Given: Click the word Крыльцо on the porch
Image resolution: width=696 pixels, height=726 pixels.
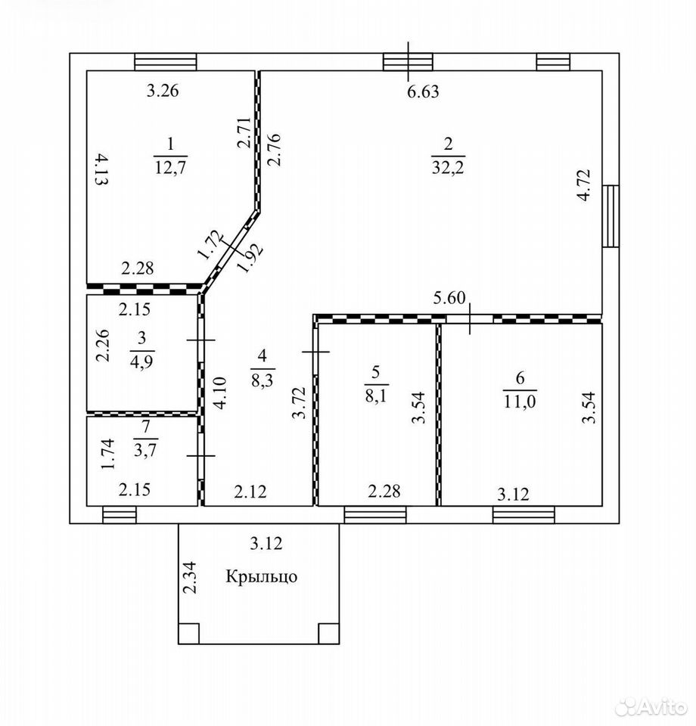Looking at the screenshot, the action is point(261,576).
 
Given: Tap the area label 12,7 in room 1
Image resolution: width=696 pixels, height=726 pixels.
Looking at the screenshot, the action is point(170,166).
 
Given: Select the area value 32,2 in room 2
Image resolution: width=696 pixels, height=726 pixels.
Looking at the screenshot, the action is point(448,166).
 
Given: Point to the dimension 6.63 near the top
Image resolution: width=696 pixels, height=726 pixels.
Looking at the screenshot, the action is point(423,92).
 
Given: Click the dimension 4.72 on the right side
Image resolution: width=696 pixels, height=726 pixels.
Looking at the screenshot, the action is point(584,185).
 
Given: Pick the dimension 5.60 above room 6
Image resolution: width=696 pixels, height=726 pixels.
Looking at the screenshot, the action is point(449,298).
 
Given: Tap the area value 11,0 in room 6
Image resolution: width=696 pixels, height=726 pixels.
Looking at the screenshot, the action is point(520,401).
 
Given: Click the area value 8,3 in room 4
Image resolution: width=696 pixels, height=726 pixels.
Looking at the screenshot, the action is point(263,380).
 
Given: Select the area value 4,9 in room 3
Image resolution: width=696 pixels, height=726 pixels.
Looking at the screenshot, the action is point(141,361).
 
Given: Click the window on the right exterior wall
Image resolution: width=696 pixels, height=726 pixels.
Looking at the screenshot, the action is point(611,216).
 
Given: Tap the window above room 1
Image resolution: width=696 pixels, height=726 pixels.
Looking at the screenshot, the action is point(166,62).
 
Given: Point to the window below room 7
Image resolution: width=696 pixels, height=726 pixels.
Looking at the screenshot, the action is point(120,515).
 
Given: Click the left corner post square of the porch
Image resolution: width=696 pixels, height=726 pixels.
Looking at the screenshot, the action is point(189,634).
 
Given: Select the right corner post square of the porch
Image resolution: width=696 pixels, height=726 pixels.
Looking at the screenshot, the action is point(329,634).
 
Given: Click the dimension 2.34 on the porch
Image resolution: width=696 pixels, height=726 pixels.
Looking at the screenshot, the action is point(190,577).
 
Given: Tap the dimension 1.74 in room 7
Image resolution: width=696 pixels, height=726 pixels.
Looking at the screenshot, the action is point(107,455).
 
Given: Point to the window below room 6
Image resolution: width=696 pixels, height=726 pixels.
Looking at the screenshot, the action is point(524,515).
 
